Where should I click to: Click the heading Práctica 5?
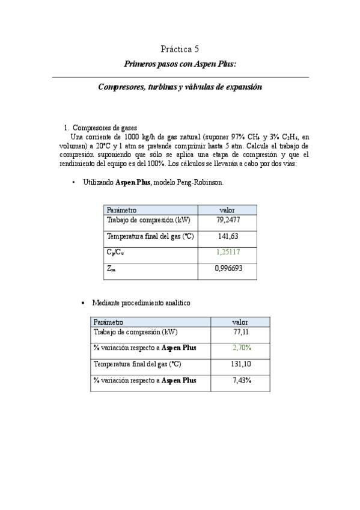(180, 49)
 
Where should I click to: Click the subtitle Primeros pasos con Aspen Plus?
(180, 64)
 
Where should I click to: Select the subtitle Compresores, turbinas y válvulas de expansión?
(180, 87)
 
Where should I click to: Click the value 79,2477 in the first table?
(228, 220)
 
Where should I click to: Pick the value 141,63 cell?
(228, 236)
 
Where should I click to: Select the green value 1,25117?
(228, 253)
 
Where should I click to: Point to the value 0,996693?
(228, 268)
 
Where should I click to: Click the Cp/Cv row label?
(115, 253)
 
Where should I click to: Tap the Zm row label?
(111, 269)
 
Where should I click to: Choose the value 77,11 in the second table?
(240, 331)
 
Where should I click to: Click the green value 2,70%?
(242, 348)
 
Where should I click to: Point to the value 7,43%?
(242, 380)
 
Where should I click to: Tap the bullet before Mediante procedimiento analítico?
(82, 303)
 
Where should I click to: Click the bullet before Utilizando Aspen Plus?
(73, 182)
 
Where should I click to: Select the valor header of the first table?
(227, 210)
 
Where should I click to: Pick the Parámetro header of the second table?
(109, 322)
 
